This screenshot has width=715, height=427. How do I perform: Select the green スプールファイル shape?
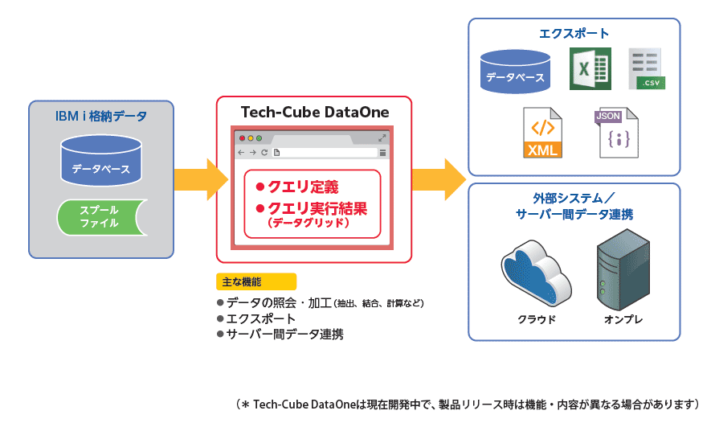pos(99,217)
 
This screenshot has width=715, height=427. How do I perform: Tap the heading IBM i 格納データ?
pos(101,117)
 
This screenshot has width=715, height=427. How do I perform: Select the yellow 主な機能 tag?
pos(256,281)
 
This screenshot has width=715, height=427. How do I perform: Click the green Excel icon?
pos(590,68)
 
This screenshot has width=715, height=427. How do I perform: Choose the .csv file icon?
pos(646,69)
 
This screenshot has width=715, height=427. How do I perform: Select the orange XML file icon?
pos(542,133)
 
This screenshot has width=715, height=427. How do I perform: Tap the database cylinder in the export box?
pos(514,70)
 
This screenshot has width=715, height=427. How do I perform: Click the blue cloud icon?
pos(536,272)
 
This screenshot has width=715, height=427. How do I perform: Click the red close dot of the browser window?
pos(241,138)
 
